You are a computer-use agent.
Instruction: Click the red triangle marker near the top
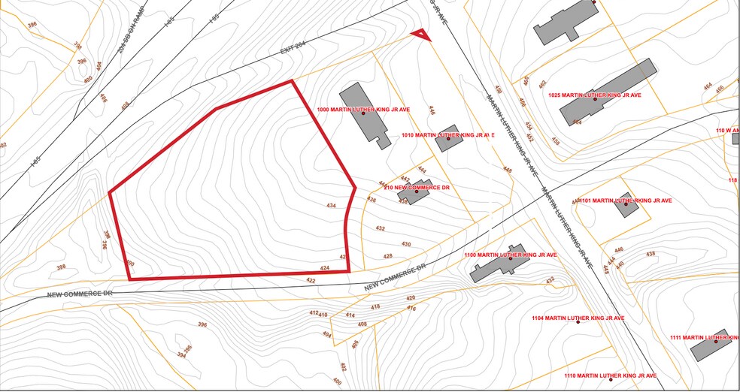click(421, 35)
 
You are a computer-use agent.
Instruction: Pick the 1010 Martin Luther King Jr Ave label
click(447, 135)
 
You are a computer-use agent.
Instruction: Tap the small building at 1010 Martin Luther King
click(448, 138)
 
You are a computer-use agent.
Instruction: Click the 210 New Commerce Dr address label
click(417, 187)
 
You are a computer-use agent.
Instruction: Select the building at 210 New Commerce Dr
click(414, 194)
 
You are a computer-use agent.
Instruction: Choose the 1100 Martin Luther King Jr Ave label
click(511, 255)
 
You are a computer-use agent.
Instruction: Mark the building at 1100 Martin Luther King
click(499, 263)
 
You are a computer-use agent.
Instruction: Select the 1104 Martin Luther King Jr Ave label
click(578, 318)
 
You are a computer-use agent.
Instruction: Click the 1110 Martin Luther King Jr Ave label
click(611, 375)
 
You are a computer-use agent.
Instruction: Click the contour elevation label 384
click(181, 355)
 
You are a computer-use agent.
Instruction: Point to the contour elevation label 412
click(314, 312)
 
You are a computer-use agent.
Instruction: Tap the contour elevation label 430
click(406, 244)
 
